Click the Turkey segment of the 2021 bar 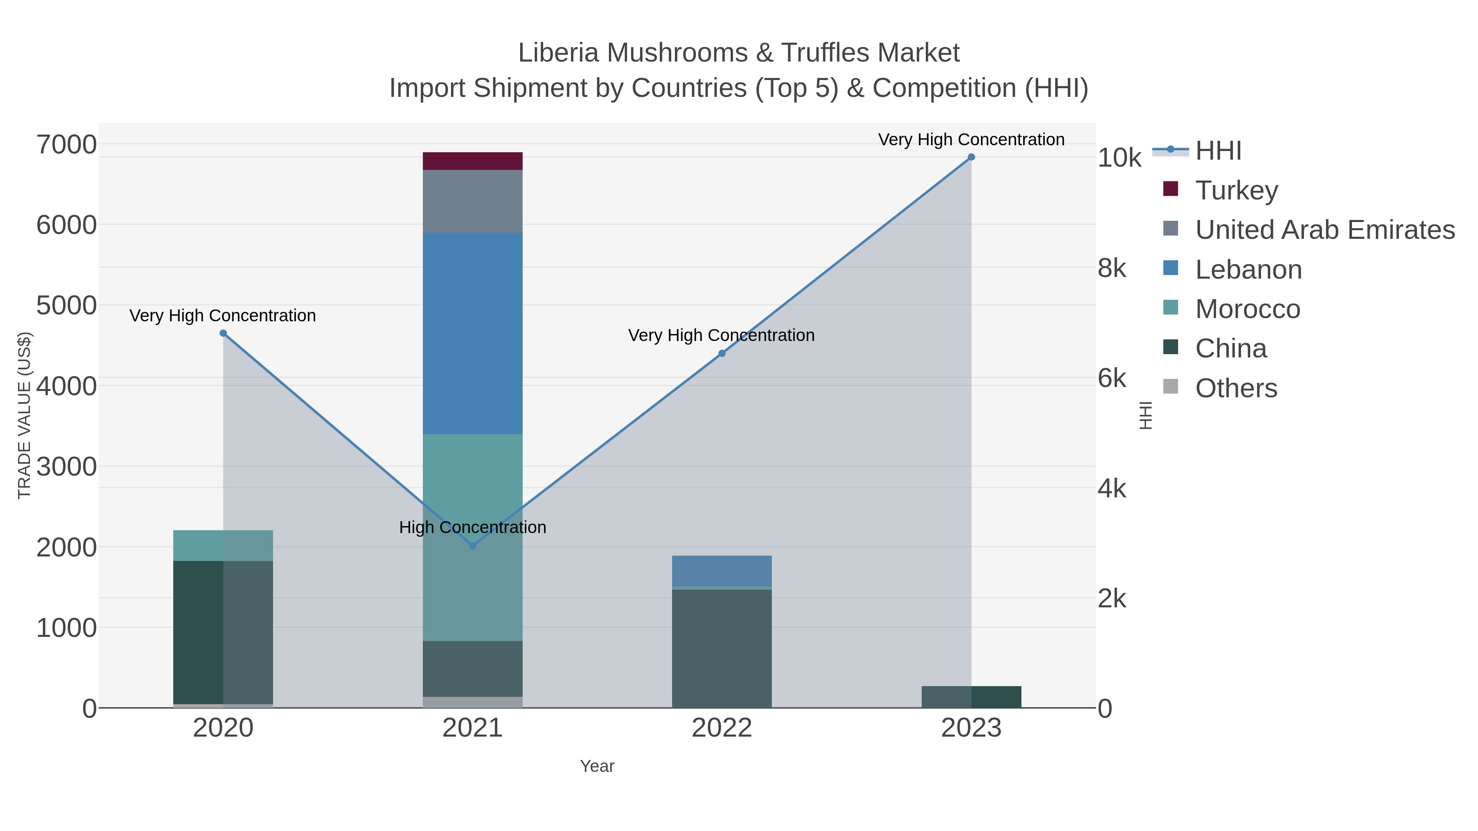(x=472, y=161)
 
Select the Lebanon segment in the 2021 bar (x=472, y=333)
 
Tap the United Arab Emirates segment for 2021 (x=472, y=201)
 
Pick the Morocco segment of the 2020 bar (x=223, y=545)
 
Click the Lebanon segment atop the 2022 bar (x=721, y=571)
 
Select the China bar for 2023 (x=971, y=697)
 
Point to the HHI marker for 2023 (x=971, y=157)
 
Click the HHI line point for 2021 (x=472, y=546)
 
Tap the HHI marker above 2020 (x=223, y=333)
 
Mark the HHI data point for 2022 (x=722, y=353)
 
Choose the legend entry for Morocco (x=1247, y=309)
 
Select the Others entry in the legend (x=1236, y=388)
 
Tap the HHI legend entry (x=1218, y=151)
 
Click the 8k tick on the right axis (x=1112, y=268)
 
